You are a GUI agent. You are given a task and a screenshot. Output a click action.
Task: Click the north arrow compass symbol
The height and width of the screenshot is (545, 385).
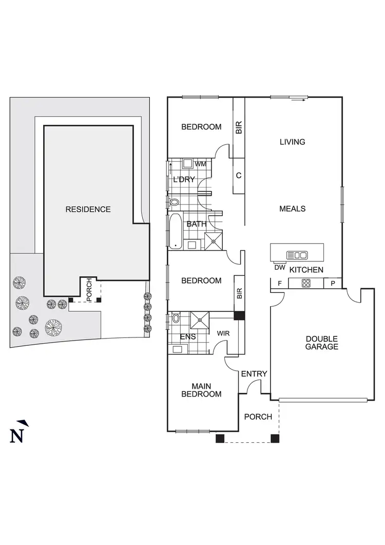[17, 433]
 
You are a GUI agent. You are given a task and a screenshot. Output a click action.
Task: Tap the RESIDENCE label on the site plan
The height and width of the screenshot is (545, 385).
[88, 209]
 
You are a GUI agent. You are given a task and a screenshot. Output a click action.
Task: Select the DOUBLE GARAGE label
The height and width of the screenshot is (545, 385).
[322, 343]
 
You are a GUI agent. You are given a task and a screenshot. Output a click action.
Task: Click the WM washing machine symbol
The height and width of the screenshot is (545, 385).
[188, 164]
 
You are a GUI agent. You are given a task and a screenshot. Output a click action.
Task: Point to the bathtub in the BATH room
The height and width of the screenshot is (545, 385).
[175, 231]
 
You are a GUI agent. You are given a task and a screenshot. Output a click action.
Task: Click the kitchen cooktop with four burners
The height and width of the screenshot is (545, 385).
[305, 283]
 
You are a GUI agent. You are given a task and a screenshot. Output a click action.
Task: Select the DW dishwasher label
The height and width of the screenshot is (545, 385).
[280, 268]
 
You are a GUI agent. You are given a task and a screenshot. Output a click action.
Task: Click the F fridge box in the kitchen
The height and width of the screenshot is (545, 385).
[280, 283]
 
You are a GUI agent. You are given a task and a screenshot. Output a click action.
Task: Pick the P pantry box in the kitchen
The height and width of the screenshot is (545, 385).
[333, 283]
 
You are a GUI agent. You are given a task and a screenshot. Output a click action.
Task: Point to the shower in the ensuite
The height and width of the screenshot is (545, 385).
[198, 320]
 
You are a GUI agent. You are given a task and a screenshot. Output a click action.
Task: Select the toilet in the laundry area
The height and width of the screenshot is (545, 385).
[174, 202]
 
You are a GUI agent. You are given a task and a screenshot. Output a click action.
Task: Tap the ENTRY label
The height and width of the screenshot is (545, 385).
[254, 373]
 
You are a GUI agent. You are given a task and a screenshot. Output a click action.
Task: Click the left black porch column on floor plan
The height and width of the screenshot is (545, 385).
[220, 439]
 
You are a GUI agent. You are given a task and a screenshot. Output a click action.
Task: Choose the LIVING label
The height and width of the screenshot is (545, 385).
[292, 142]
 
